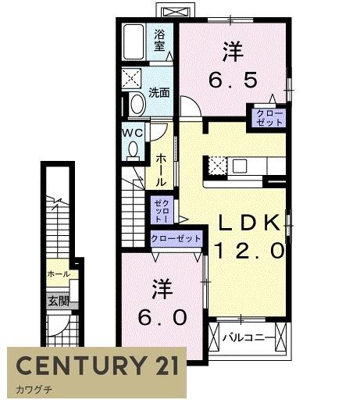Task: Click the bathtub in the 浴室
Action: click(134, 42)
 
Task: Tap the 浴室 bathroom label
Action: click(159, 41)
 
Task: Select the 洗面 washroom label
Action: click(159, 93)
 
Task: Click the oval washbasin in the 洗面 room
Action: click(137, 104)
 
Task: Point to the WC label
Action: click(133, 133)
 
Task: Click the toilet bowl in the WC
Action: click(134, 149)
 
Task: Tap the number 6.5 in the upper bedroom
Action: click(233, 80)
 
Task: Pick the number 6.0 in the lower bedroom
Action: click(162, 317)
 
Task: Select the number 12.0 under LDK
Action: click(249, 250)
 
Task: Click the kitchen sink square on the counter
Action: click(240, 166)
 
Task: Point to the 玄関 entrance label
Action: click(59, 302)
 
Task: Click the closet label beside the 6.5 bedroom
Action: click(269, 118)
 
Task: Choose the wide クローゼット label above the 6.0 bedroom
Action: click(176, 238)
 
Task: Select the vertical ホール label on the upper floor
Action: click(161, 170)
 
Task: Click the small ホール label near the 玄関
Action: click(59, 274)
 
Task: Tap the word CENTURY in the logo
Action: click(81, 365)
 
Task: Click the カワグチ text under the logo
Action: click(34, 390)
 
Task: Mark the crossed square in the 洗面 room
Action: click(132, 78)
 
